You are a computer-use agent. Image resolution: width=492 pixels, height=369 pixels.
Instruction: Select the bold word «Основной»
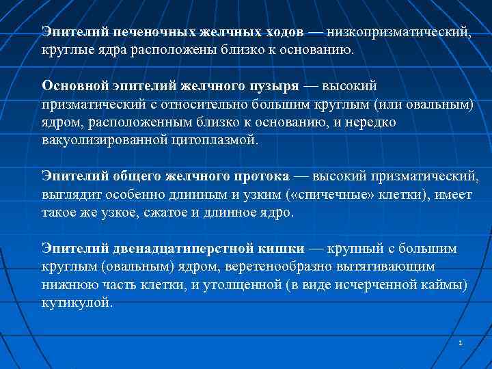point(70,86)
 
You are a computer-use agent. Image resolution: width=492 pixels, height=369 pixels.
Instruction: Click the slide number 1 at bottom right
point(461,342)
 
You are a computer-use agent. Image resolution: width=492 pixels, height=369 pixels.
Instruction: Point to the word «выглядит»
point(69,193)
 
